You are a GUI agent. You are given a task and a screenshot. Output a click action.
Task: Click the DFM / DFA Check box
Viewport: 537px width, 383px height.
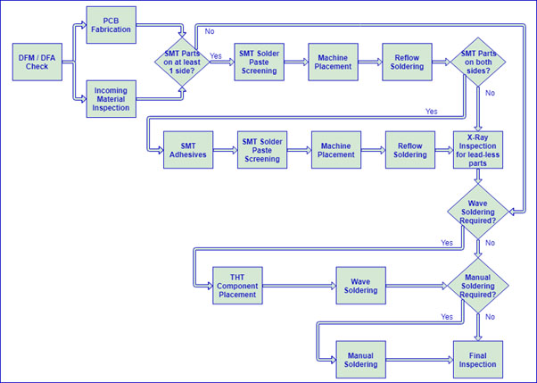[x=37, y=62]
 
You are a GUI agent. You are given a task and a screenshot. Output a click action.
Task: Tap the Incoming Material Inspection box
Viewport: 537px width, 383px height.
[x=111, y=97]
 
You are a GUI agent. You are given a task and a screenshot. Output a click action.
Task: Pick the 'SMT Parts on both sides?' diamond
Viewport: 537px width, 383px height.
[x=479, y=62]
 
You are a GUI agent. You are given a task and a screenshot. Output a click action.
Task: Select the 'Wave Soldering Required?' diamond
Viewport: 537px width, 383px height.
[x=479, y=212]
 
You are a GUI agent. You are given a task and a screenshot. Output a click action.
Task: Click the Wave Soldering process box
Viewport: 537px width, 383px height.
[x=360, y=286]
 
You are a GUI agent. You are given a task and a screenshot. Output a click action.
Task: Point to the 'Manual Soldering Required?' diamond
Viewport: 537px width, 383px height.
[x=479, y=286]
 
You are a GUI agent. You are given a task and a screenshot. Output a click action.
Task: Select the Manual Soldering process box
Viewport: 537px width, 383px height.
[x=360, y=359]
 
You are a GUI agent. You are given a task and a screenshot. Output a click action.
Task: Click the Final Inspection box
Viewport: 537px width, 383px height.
[x=479, y=359]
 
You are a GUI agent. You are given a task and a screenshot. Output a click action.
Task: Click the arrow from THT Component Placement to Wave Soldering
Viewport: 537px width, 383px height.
[x=299, y=286]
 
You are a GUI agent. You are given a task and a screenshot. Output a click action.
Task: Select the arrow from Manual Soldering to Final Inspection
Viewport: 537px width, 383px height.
[x=419, y=359]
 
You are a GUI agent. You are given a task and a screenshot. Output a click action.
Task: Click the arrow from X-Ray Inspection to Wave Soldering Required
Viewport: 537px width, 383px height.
[x=479, y=179]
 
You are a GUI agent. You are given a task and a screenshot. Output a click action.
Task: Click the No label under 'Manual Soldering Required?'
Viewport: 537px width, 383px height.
[x=489, y=316]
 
